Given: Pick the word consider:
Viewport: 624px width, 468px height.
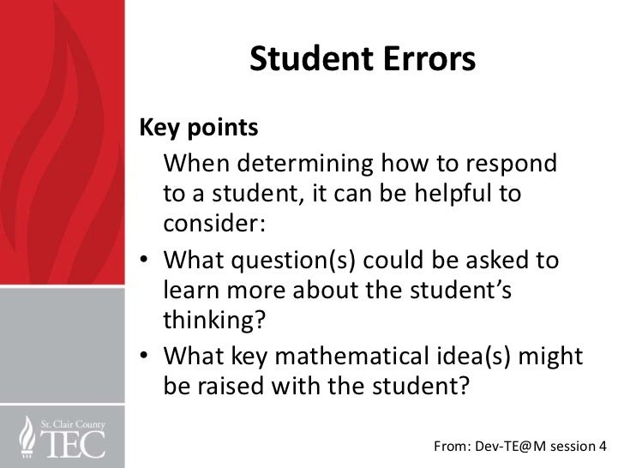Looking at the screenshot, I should (214, 225).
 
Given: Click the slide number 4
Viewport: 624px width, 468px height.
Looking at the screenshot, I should (614, 445).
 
